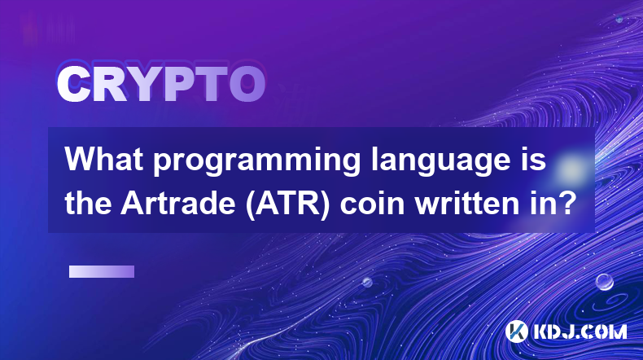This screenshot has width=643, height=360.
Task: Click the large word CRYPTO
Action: (161, 84)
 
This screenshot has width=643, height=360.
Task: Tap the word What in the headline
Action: (104, 159)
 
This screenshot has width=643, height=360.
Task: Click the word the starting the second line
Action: (87, 203)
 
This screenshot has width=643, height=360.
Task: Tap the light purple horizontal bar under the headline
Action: (102, 272)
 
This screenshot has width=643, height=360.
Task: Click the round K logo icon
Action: (517, 331)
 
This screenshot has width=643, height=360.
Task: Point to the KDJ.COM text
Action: (580, 331)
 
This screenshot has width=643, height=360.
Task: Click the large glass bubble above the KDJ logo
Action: (604, 282)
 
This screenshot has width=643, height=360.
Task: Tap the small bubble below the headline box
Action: (367, 282)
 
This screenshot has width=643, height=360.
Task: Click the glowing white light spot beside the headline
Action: (571, 168)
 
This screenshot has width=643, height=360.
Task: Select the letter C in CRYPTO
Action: (74, 84)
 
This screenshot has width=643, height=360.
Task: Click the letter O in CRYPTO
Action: (247, 84)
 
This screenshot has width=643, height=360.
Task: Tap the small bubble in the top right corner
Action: (619, 19)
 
